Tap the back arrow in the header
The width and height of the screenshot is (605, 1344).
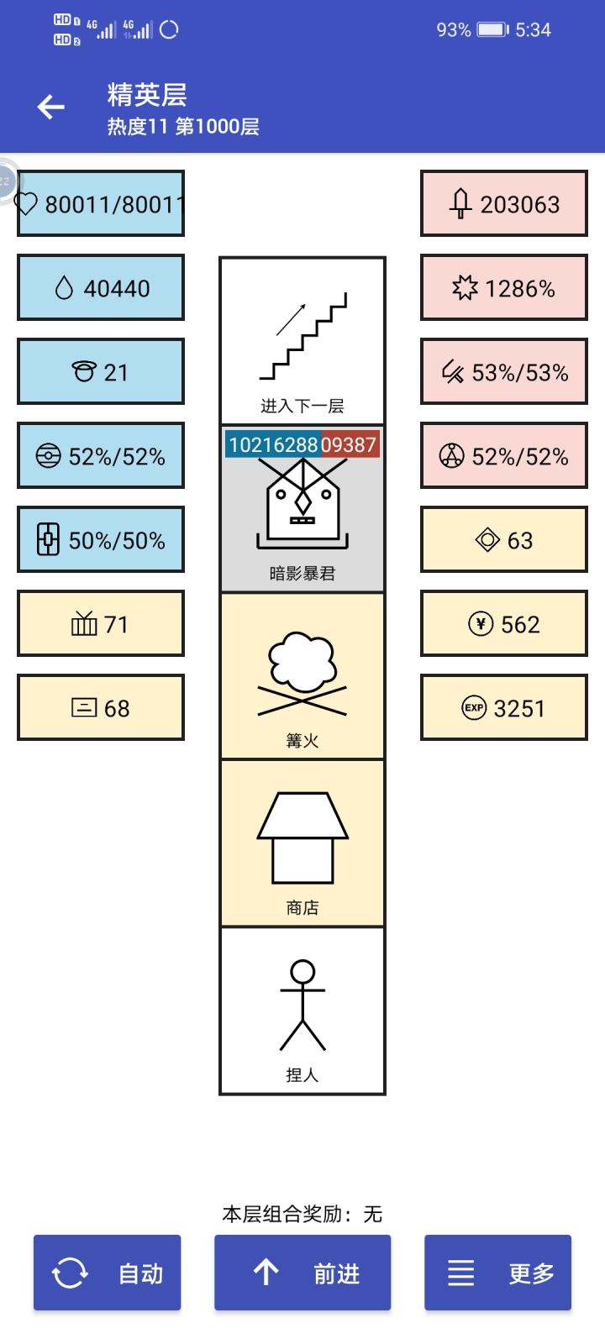pyautogui.click(x=51, y=108)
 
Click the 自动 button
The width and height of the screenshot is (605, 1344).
pyautogui.click(x=107, y=1272)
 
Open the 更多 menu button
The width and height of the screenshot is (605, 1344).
pyautogui.click(x=497, y=1272)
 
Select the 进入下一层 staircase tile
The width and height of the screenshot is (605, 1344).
pyautogui.click(x=302, y=341)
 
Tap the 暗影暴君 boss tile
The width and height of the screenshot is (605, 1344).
pyautogui.click(x=302, y=508)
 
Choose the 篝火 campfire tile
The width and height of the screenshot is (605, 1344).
pyautogui.click(x=302, y=675)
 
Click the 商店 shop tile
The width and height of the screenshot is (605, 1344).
pyautogui.click(x=302, y=843)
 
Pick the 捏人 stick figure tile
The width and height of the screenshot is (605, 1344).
pyautogui.click(x=302, y=1011)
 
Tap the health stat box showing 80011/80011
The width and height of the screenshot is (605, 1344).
pyautogui.click(x=101, y=203)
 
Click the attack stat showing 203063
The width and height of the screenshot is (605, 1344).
pyautogui.click(x=503, y=203)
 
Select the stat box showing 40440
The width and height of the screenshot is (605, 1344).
pyautogui.click(x=101, y=287)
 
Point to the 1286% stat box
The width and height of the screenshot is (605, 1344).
pyautogui.click(x=503, y=287)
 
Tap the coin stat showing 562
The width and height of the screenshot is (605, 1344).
pyautogui.click(x=503, y=623)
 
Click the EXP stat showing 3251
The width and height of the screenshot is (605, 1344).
pyautogui.click(x=503, y=707)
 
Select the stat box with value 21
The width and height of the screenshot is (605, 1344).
pyautogui.click(x=101, y=371)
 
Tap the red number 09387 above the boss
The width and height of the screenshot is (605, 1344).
pyautogui.click(x=350, y=444)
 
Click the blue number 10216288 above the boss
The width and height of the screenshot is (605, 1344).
pyautogui.click(x=273, y=444)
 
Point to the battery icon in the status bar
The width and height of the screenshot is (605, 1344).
pyautogui.click(x=492, y=29)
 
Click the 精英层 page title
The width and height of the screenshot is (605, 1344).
pyautogui.click(x=147, y=95)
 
